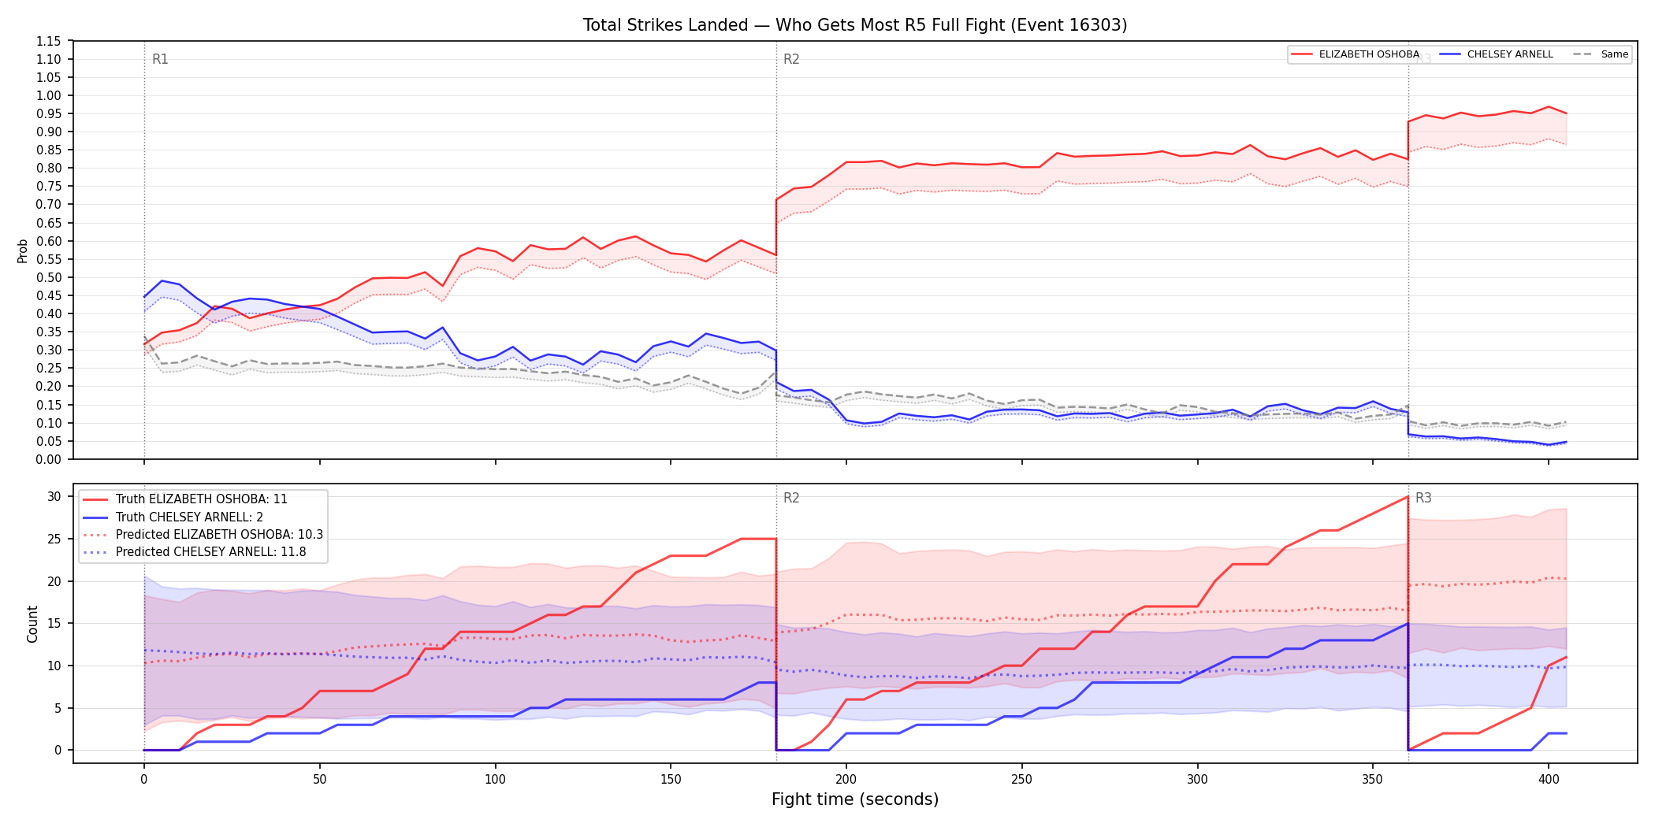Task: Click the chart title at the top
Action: (855, 25)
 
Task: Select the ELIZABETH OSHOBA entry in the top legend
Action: (1356, 54)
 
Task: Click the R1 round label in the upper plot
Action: (160, 59)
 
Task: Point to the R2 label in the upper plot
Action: (791, 59)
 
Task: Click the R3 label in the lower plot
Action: (1423, 498)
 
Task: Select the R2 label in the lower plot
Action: (791, 498)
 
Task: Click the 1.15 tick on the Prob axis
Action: (49, 41)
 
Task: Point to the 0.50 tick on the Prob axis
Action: (49, 277)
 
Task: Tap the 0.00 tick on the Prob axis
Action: (49, 459)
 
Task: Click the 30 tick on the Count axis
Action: (54, 496)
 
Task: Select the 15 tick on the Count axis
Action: (54, 623)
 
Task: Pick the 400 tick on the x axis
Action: (1549, 779)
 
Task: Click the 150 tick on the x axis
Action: (671, 779)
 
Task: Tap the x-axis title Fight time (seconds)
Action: (855, 799)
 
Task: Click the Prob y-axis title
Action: (23, 250)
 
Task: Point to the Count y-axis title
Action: (32, 624)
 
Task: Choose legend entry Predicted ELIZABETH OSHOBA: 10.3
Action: (203, 535)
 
